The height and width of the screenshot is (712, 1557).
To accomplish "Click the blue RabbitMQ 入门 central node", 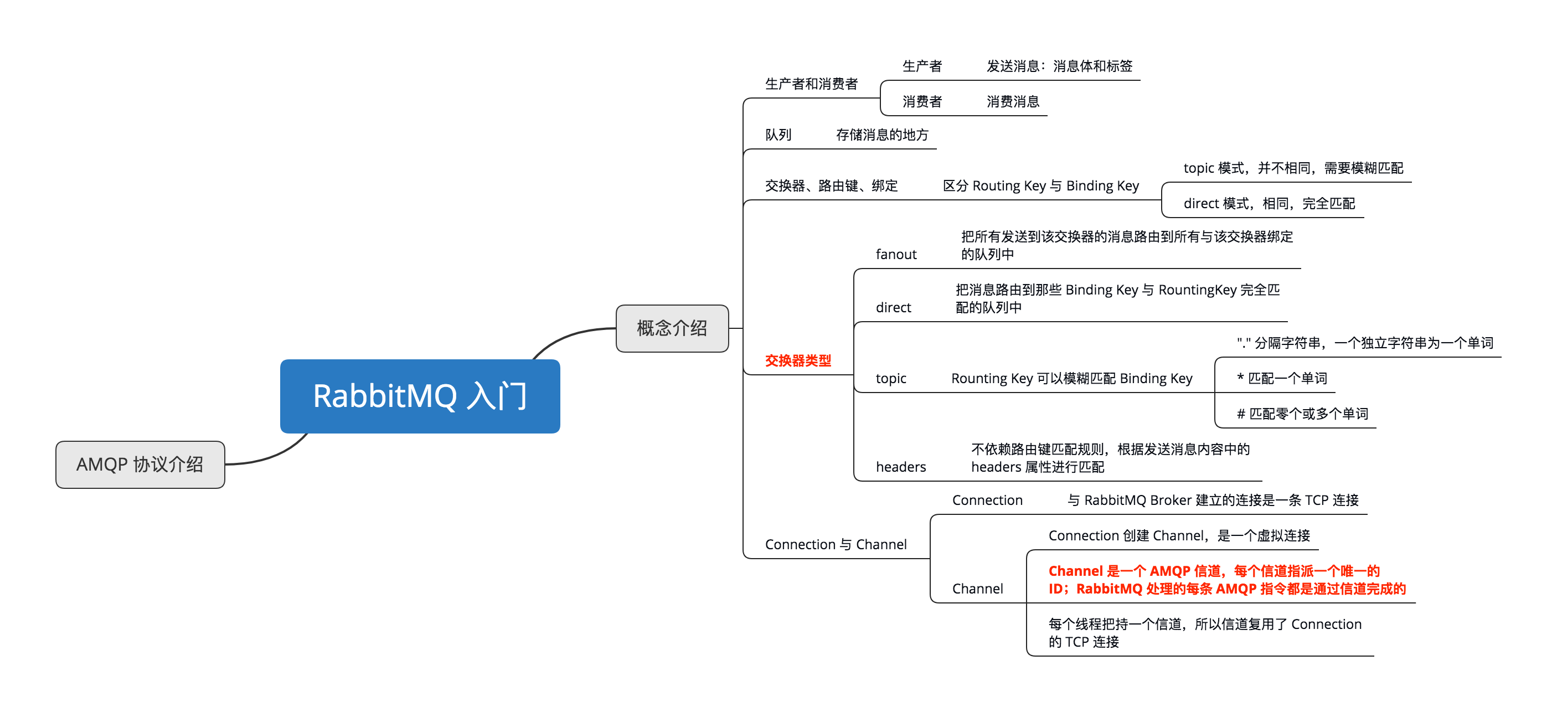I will pyautogui.click(x=420, y=396).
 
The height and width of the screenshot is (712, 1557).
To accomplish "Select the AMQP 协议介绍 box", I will pyautogui.click(x=140, y=464).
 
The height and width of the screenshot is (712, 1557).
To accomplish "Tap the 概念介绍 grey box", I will pyautogui.click(x=672, y=328).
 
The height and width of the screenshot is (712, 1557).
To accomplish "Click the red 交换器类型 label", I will pyautogui.click(x=798, y=361).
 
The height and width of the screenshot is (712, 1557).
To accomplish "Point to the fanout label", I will pyautogui.click(x=896, y=255).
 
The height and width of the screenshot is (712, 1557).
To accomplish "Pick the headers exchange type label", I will pyautogui.click(x=901, y=467).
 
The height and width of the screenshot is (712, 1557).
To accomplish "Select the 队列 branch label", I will pyautogui.click(x=778, y=135).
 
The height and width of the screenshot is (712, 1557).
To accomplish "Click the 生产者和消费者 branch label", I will pyautogui.click(x=811, y=84).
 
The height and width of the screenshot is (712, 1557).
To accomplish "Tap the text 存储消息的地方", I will pyautogui.click(x=882, y=135).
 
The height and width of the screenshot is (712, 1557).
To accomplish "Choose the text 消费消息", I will pyautogui.click(x=1013, y=101).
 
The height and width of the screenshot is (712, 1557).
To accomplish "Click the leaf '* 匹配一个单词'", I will pyautogui.click(x=1281, y=378).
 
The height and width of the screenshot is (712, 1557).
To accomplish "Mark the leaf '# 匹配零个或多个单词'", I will pyautogui.click(x=1302, y=414).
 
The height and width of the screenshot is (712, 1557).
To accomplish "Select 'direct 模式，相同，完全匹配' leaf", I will pyautogui.click(x=1269, y=204).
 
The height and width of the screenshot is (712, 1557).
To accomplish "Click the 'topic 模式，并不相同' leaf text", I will pyautogui.click(x=1293, y=168).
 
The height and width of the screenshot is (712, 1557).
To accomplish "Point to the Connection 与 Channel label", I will pyautogui.click(x=836, y=545).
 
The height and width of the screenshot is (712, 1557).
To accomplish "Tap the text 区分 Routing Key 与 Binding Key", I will pyautogui.click(x=1041, y=185).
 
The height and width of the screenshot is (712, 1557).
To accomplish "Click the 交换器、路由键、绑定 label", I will pyautogui.click(x=831, y=185).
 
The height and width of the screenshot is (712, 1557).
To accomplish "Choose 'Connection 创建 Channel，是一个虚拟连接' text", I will pyautogui.click(x=1179, y=535).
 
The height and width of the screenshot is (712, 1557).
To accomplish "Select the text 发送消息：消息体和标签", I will pyautogui.click(x=1059, y=66).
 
